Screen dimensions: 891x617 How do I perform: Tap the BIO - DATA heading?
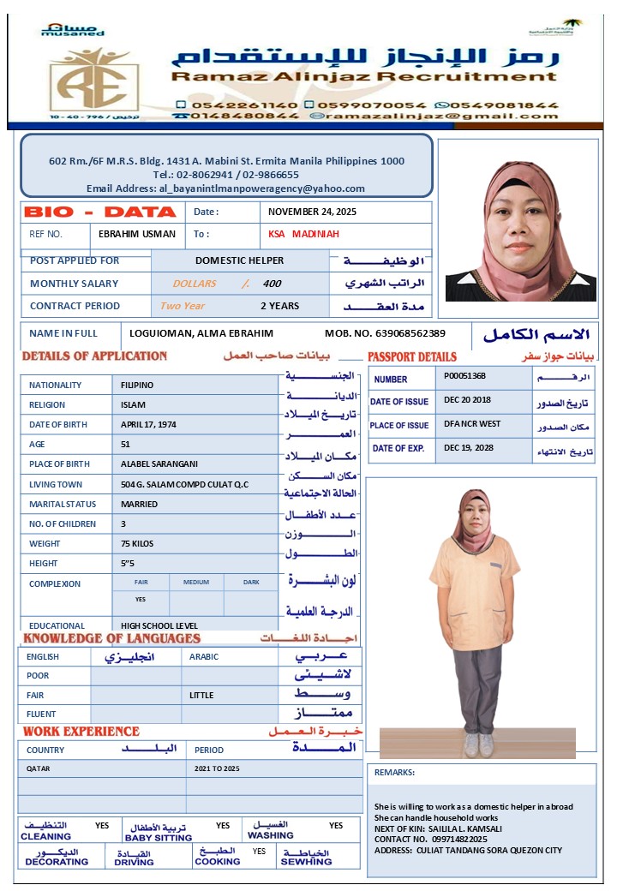[x=100, y=212]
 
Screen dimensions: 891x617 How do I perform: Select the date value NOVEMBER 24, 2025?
[x=312, y=212]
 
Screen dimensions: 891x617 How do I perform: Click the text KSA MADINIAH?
[x=304, y=234]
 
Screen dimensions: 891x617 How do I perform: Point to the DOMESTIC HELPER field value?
[x=239, y=260]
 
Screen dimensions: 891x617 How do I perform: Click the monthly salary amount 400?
[x=272, y=284]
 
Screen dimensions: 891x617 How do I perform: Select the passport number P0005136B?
[x=465, y=375]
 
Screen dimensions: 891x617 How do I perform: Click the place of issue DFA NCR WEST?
[x=472, y=424]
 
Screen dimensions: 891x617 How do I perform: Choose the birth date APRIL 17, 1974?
[x=150, y=424]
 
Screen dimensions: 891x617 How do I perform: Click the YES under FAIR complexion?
[x=141, y=600]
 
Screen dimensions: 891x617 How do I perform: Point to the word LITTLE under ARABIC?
[x=202, y=696]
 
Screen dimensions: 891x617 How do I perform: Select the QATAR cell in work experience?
[x=39, y=769]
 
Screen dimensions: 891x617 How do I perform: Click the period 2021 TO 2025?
[x=218, y=769]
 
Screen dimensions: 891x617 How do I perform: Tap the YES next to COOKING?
[x=259, y=852]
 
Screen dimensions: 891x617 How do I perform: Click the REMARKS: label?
[x=394, y=772]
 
